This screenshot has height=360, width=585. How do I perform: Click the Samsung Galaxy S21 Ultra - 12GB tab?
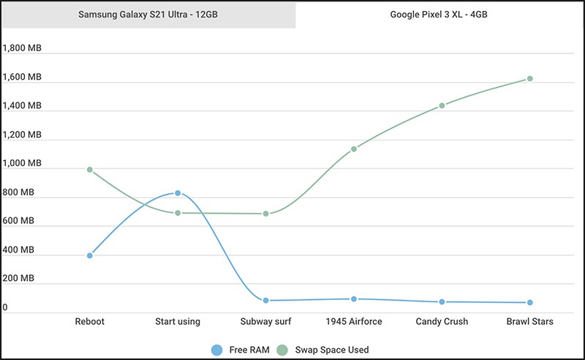pos(148,15)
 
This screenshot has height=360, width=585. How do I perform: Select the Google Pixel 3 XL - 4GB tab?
pos(439,15)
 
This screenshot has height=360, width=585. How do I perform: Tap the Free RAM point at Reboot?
pos(90,255)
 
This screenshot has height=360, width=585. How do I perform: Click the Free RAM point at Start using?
pos(178,193)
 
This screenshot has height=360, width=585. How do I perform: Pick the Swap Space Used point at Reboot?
pos(90,170)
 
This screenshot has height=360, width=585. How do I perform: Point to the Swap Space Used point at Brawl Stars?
pos(530,78)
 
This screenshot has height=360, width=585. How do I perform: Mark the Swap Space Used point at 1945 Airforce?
pos(354,149)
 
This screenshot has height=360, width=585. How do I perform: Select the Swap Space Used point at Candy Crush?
pos(442,105)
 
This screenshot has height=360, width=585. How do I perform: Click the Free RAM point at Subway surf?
pos(266,300)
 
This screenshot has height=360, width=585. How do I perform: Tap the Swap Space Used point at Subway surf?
pos(266,214)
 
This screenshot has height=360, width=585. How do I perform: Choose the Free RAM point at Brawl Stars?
pos(530,302)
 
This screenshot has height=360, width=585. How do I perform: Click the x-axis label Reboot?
pos(90,321)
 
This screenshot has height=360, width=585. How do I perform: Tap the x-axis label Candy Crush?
pos(442,321)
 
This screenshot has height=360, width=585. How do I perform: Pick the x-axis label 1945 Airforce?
pos(354,321)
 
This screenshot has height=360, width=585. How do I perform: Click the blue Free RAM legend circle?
pos(216,350)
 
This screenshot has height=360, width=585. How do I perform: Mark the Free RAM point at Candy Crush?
pos(442,301)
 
